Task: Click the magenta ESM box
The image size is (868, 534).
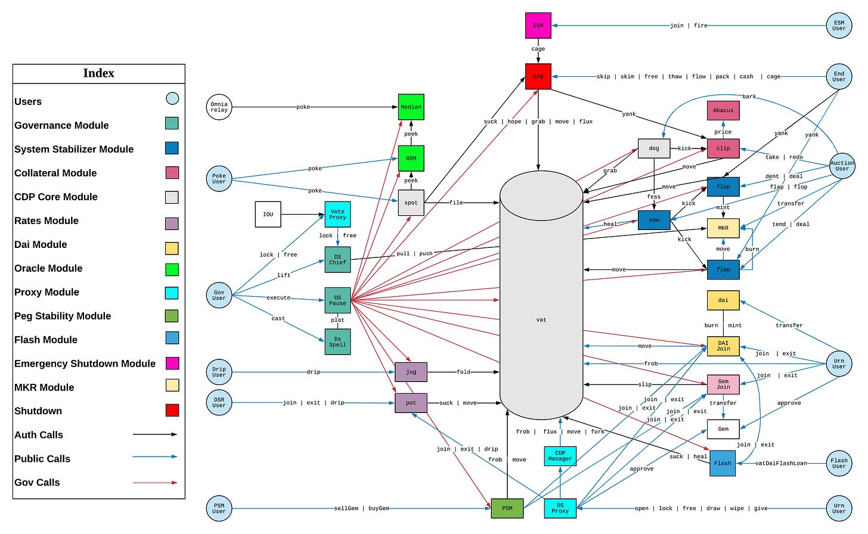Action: point(538,26)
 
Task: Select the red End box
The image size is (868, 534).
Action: point(538,77)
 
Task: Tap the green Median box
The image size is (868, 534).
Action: point(411,107)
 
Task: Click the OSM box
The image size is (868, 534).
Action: point(411,159)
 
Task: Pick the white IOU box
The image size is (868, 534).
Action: point(268,215)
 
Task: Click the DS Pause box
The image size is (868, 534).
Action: point(337,300)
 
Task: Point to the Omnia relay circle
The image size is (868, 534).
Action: point(219,107)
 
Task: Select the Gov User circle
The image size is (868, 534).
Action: point(219,295)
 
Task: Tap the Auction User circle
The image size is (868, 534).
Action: point(842,166)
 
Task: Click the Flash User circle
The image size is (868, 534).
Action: point(839,464)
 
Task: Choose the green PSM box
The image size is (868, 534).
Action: point(507,508)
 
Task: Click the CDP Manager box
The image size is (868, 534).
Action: point(560,456)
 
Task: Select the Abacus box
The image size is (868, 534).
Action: point(723,110)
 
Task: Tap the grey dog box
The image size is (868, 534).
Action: point(654,148)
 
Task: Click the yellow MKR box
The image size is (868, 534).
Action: point(723,228)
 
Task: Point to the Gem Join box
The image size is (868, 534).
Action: point(723,384)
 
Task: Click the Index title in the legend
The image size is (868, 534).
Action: point(98,73)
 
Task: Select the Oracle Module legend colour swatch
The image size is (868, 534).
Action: point(172,269)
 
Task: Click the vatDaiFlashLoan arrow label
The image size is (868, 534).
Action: point(781,464)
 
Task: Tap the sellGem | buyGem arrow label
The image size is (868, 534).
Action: point(361,508)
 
